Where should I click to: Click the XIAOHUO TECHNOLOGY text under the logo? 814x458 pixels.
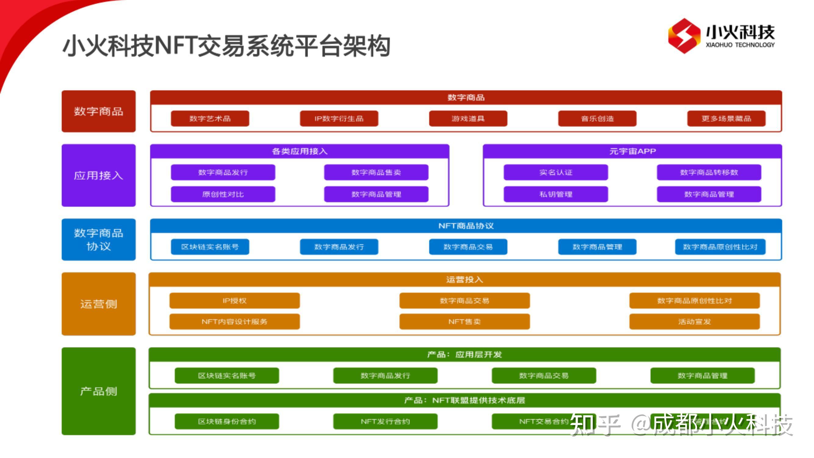pos(740,45)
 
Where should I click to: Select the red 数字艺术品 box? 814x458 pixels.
pos(210,118)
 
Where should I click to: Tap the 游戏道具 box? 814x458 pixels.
pos(468,118)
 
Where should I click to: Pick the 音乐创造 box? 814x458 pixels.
pos(597,118)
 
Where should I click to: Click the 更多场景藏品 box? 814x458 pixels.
pos(726,118)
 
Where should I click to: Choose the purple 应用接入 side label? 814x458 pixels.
pos(99,176)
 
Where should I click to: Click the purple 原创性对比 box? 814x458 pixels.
pos(223,194)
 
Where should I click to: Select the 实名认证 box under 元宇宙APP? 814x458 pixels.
pos(555,172)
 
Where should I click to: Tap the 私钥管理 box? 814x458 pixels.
pos(555,194)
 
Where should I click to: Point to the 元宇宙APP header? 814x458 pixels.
pos(632,151)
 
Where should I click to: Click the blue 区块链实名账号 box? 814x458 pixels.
pos(210,247)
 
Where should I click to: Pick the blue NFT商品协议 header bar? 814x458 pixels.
pos(466,226)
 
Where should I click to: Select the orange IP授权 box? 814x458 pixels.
pos(234,300)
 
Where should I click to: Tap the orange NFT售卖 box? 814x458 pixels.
pos(464,322)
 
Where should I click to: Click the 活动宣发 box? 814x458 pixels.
pos(694,322)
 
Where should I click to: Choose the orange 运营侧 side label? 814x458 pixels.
pos(99,304)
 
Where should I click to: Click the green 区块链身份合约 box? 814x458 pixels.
pos(226,421)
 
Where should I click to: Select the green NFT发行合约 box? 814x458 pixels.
pos(385,421)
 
